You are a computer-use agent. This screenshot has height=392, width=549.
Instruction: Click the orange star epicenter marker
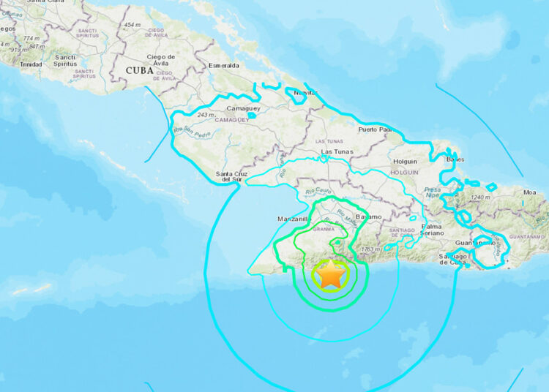332,275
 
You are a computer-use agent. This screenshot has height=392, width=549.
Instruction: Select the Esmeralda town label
223,65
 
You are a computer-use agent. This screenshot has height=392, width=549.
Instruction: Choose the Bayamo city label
368,217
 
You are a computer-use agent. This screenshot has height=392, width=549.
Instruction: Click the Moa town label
530,192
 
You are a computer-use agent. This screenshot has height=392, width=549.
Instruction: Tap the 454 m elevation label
132,26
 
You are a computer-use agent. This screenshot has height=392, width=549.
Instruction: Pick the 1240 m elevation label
479,197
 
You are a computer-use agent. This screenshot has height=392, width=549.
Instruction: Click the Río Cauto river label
303,194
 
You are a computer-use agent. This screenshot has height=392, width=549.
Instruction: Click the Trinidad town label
31,64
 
